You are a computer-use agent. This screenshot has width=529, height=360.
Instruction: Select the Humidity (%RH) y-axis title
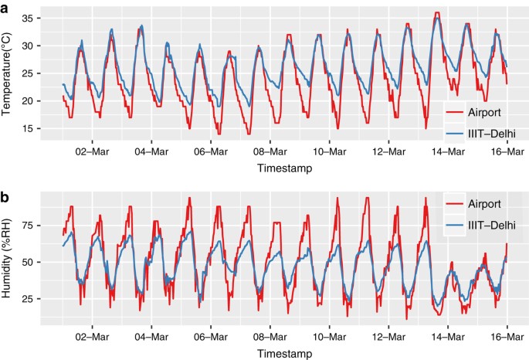8,258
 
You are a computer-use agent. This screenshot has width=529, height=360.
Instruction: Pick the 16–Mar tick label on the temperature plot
507,151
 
